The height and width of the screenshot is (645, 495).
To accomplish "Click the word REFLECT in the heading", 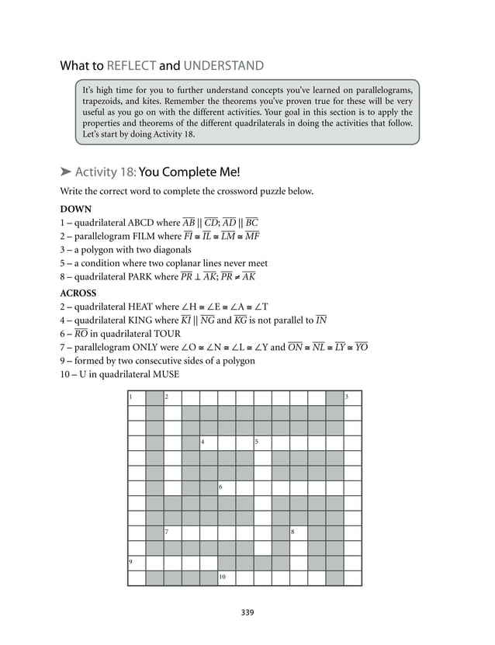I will point(132,65).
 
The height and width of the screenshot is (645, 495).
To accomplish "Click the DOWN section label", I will point(75,209).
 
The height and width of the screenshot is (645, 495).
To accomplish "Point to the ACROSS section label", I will point(78,293).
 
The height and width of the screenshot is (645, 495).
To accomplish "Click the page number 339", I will point(247,612).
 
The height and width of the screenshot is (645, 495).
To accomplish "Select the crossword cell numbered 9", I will point(136,564).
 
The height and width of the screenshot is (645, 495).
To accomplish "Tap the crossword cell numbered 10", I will point(226,578).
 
